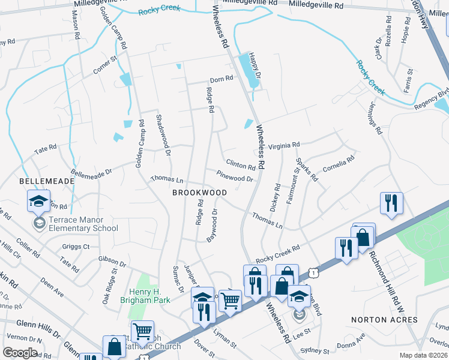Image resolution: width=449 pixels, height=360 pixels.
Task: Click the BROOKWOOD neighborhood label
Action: tap(199, 193)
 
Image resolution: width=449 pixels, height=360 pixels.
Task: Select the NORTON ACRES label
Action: tap(384, 320)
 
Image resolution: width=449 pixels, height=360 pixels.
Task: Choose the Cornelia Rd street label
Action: tap(339, 163)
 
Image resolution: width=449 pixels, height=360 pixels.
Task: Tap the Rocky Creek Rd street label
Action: tap(277, 253)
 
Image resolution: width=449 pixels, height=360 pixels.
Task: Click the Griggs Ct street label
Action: tap(76, 246)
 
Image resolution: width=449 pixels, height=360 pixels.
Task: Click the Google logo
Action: tap(20, 353)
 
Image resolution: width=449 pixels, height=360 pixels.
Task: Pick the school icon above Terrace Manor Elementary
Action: tap(38, 201)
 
